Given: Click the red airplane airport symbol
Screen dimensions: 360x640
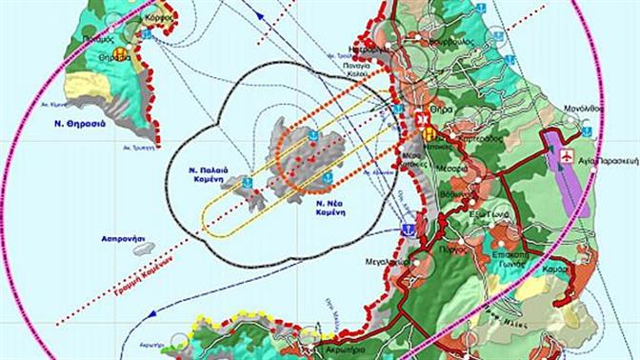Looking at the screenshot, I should [x=569, y=155].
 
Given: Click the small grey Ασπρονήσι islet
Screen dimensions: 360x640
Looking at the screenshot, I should [x=143, y=249].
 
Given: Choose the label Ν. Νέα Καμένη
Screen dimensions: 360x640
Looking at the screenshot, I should [x=328, y=208].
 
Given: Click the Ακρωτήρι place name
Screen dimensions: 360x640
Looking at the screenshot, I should [x=345, y=349].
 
